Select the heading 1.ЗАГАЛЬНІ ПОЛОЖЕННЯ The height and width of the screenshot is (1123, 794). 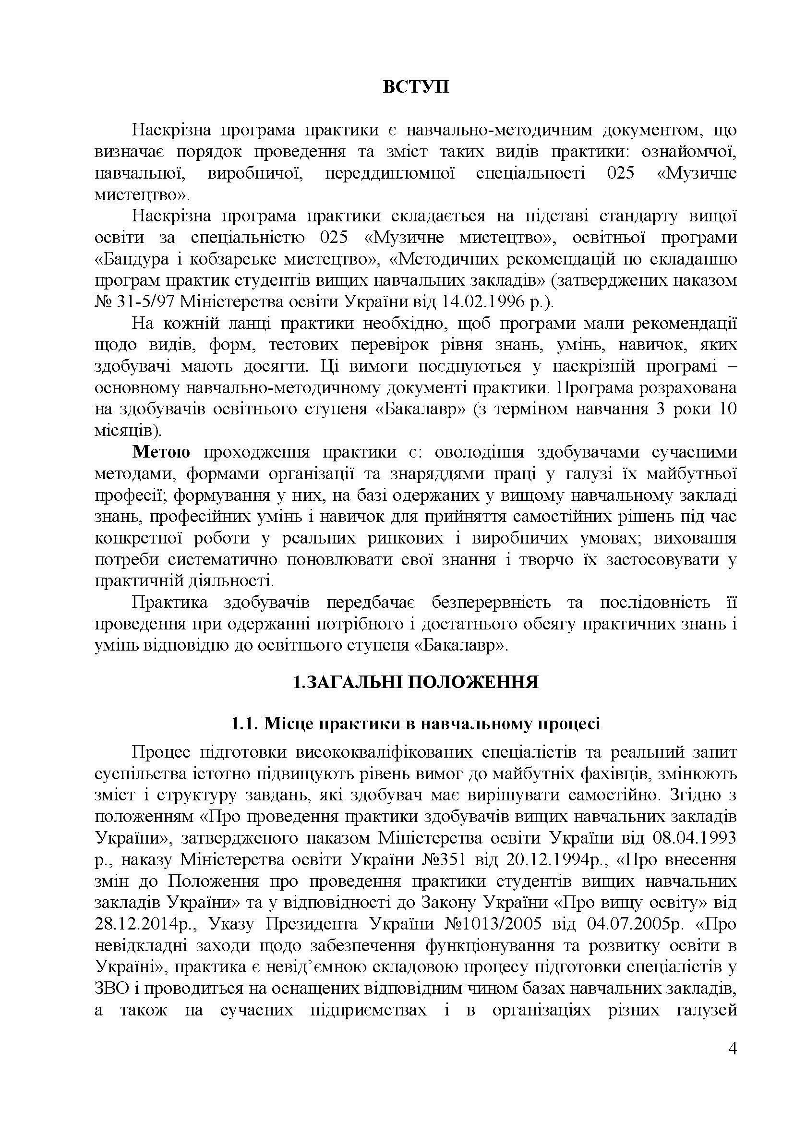(x=416, y=681)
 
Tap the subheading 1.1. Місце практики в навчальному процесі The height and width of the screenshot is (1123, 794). (x=416, y=725)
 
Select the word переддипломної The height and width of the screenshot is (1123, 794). (x=390, y=174)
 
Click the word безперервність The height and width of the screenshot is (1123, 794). (x=491, y=603)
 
